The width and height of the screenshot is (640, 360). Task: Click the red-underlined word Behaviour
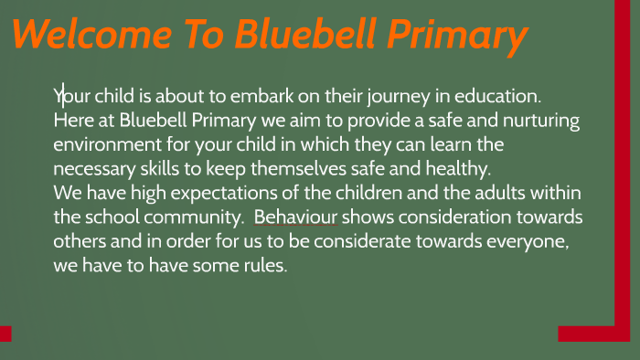296,217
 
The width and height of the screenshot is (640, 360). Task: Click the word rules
265,266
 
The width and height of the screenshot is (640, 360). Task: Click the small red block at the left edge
5,333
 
